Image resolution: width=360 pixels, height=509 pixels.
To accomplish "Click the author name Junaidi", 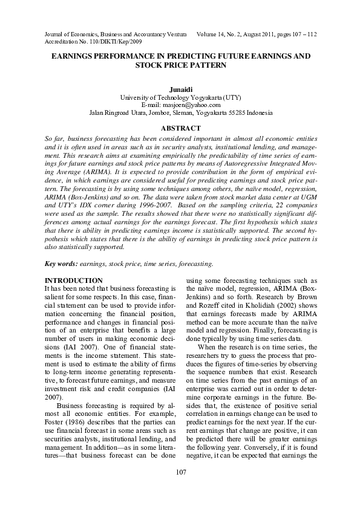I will (180, 89).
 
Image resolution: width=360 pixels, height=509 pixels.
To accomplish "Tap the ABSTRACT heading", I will (180, 128).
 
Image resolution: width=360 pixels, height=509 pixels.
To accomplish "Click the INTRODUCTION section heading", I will (74, 280).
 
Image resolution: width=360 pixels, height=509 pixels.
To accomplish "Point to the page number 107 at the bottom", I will (180, 488).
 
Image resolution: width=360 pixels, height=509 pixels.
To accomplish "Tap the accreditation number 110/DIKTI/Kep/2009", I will (114, 42).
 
